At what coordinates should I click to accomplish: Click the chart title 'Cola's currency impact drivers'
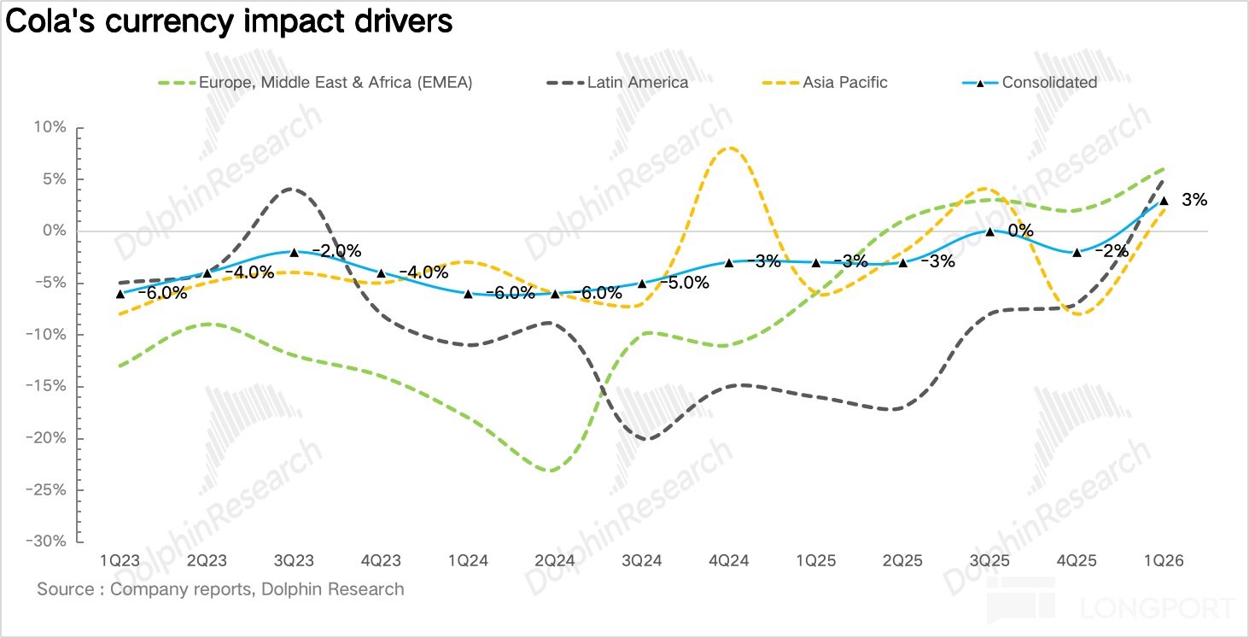click(x=229, y=21)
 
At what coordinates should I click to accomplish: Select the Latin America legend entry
click(x=637, y=83)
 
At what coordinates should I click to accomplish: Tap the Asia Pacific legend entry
click(x=844, y=83)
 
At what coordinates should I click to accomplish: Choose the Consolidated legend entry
click(x=1049, y=83)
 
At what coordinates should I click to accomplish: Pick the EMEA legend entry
click(x=335, y=83)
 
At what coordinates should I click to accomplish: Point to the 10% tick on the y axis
click(x=50, y=127)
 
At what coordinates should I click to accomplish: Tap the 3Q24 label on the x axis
click(x=642, y=561)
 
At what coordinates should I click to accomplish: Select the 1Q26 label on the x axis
click(x=1163, y=561)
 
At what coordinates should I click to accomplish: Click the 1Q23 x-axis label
click(x=120, y=561)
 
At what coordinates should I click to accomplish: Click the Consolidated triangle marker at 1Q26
click(x=1164, y=200)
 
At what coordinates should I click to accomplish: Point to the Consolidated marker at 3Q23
click(x=294, y=252)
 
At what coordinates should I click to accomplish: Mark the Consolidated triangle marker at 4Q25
click(x=1077, y=252)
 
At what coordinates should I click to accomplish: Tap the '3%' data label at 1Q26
click(x=1194, y=200)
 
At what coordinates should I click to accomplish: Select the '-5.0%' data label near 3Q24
click(x=685, y=283)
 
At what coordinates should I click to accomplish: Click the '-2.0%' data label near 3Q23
click(x=336, y=251)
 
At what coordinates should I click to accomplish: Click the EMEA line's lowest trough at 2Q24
click(x=552, y=471)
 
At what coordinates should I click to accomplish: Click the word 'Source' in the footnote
click(x=62, y=589)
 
